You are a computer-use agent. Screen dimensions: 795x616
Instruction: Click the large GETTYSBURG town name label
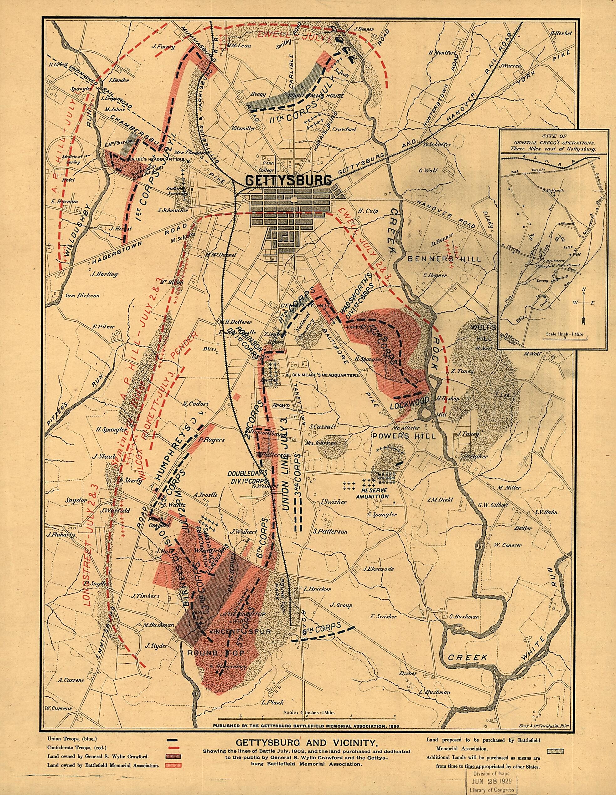(289, 181)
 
